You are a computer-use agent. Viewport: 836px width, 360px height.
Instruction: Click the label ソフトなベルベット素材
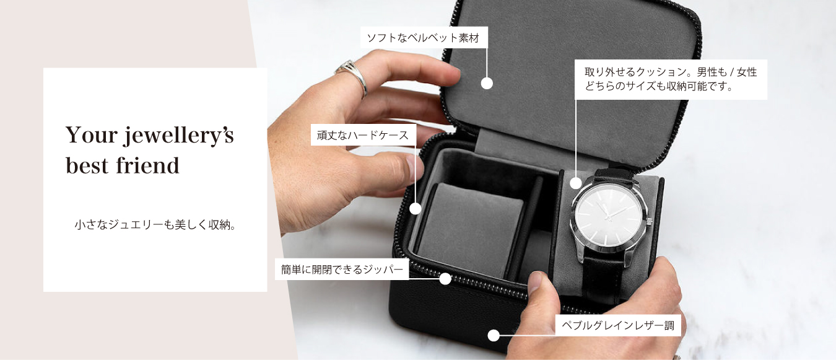424,38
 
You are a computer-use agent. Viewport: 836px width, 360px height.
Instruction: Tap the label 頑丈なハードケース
363,135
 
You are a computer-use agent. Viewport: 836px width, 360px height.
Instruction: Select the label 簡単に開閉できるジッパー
342,270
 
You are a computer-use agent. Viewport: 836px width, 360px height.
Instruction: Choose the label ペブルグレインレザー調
618,325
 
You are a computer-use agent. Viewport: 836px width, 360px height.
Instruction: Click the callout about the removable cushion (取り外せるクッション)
671,79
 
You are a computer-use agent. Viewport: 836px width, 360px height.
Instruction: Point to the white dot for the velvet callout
487,83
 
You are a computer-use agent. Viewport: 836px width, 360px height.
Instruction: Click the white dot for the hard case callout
416,208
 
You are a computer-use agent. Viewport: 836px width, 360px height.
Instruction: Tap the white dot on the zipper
445,279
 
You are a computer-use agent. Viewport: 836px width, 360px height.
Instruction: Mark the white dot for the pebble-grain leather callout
494,335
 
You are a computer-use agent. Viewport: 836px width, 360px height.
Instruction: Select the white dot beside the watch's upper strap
575,183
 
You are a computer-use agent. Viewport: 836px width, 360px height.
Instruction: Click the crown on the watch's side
650,221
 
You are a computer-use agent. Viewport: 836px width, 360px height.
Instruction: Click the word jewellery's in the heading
179,136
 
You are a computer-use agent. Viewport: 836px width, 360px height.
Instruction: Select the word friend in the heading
148,165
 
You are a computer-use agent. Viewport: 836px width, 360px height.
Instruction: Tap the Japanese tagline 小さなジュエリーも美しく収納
155,225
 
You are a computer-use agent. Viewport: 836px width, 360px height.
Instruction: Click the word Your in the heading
92,135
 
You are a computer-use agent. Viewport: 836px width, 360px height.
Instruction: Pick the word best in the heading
87,165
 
